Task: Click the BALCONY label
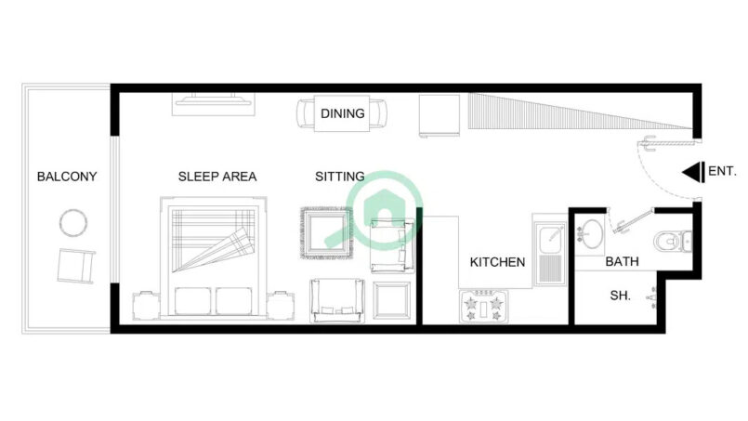(67, 177)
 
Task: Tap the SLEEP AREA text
(217, 177)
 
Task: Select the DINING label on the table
(343, 113)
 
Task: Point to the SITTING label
(340, 177)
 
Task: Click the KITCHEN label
(497, 262)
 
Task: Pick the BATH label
(622, 261)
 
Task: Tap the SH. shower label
(620, 296)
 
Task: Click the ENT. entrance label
(722, 171)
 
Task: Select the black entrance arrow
(693, 172)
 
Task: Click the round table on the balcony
(73, 223)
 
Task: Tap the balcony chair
(76, 266)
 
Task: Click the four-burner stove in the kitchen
(484, 306)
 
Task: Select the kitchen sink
(550, 253)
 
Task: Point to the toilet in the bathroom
(672, 242)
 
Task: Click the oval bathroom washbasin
(592, 234)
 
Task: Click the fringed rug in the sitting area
(327, 233)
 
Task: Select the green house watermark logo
(385, 210)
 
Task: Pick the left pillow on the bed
(192, 301)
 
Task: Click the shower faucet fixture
(652, 297)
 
